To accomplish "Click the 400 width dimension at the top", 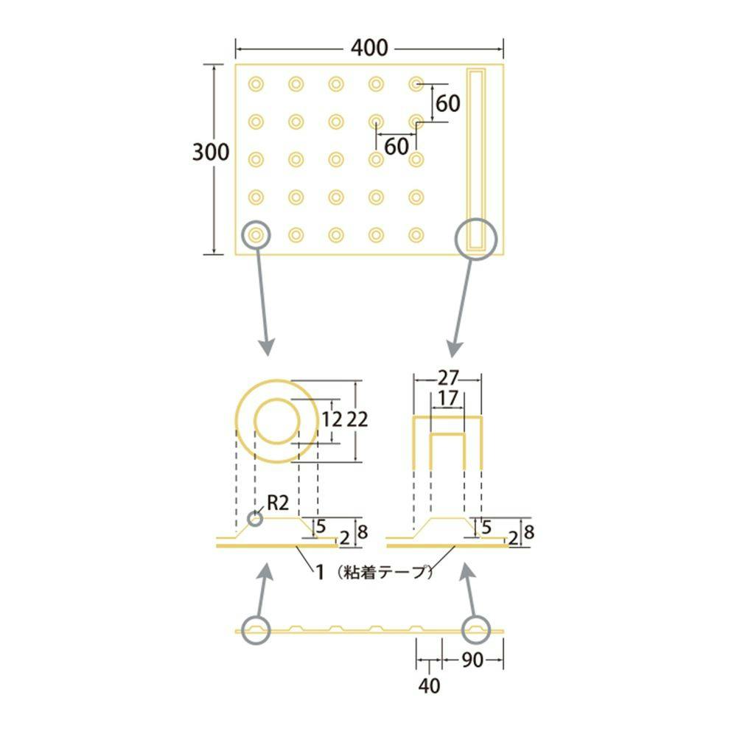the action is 369,48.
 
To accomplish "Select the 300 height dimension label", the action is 211,152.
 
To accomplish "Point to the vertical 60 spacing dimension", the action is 447,103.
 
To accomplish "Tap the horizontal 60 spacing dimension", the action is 397,146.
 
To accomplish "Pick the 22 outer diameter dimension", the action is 357,419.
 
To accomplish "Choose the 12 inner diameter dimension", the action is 332,419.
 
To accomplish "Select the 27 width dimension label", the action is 447,378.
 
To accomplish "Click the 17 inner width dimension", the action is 447,399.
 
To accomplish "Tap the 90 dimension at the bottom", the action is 472,660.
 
